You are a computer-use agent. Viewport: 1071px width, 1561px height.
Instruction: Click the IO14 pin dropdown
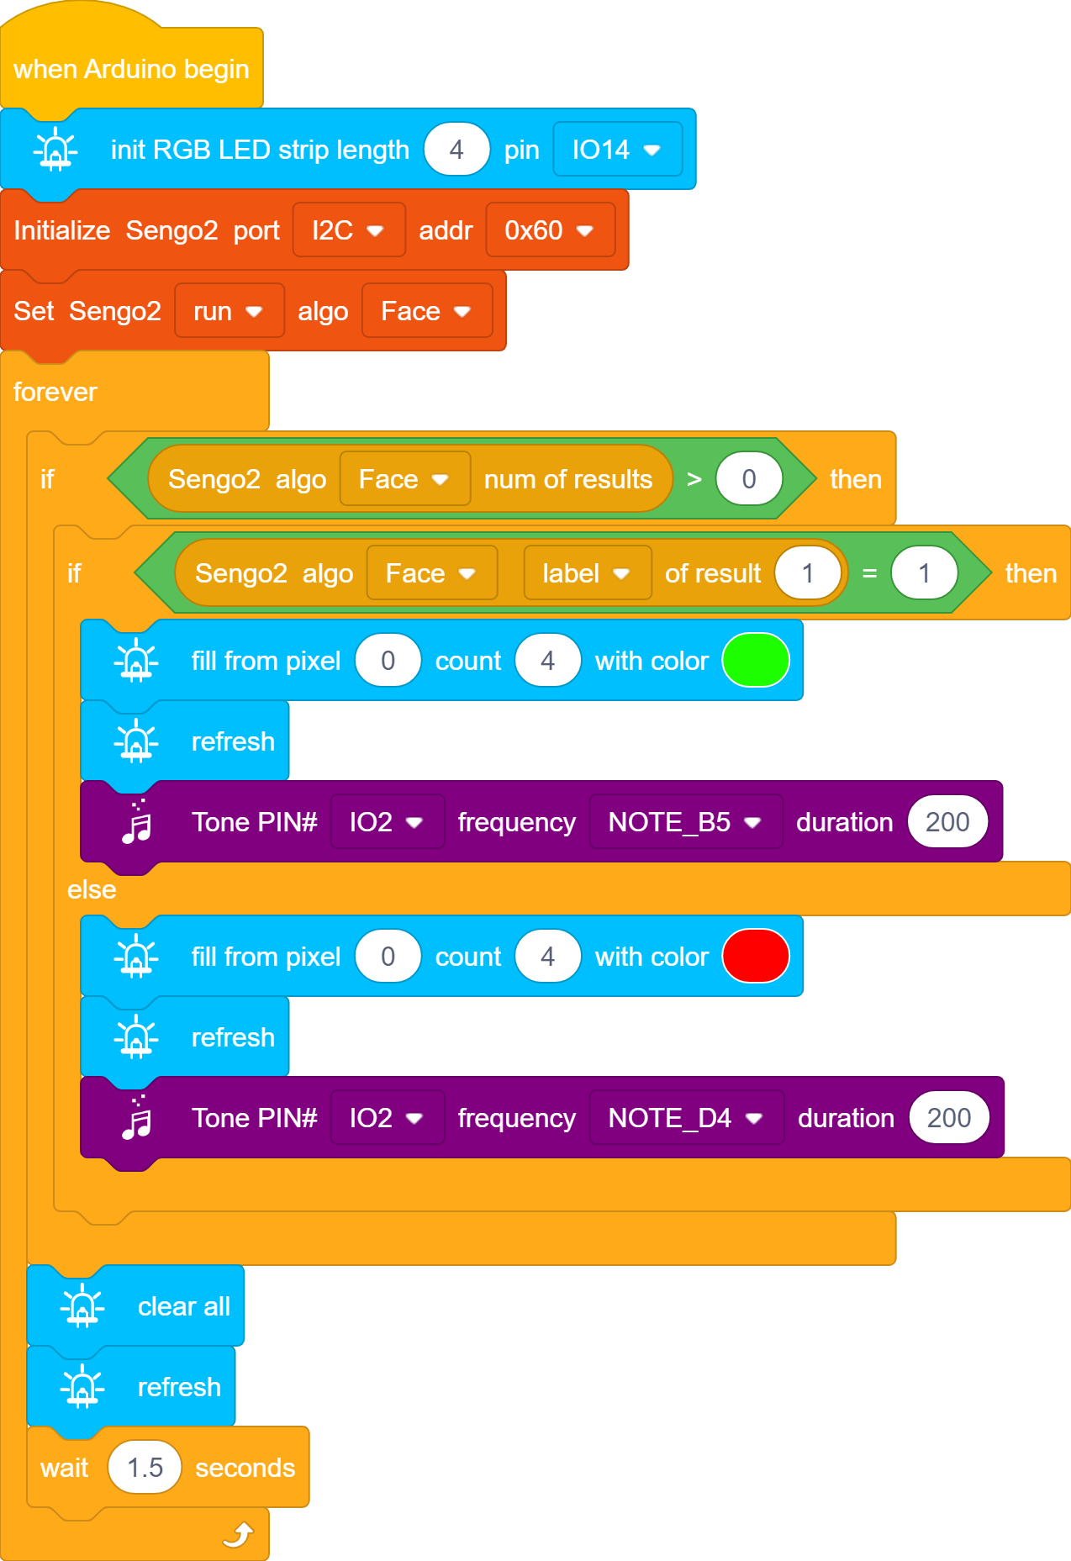pos(617,150)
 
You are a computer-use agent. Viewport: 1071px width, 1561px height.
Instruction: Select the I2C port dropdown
pos(349,230)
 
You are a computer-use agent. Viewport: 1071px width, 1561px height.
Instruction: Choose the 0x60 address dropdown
pos(550,230)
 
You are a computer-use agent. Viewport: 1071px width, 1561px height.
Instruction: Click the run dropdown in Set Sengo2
pos(229,311)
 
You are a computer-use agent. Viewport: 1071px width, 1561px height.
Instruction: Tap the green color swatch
pos(756,661)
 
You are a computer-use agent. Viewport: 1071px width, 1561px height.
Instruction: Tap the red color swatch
pos(756,957)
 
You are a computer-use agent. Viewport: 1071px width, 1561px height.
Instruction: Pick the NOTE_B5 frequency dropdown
pos(685,822)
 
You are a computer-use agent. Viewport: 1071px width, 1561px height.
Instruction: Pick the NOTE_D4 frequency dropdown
pos(686,1118)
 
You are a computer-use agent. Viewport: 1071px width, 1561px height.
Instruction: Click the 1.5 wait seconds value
pos(145,1468)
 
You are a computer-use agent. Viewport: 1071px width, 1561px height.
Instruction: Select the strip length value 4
pos(456,150)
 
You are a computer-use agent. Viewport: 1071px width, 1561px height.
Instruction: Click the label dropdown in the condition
pos(587,573)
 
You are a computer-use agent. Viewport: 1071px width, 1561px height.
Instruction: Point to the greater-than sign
pos(694,479)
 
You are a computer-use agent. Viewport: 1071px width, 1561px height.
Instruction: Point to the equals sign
pos(869,573)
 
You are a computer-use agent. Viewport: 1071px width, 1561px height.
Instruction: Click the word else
pos(92,889)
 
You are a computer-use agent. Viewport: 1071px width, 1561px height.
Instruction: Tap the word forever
pos(55,392)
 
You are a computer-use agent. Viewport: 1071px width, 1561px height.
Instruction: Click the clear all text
pos(184,1306)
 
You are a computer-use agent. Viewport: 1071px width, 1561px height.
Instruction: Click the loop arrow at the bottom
pos(239,1535)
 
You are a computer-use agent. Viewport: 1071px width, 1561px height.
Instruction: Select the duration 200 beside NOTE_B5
pos(947,822)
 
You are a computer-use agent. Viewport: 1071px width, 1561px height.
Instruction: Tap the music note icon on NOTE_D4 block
pos(137,1117)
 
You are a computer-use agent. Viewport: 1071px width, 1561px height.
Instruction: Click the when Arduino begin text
pos(131,69)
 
